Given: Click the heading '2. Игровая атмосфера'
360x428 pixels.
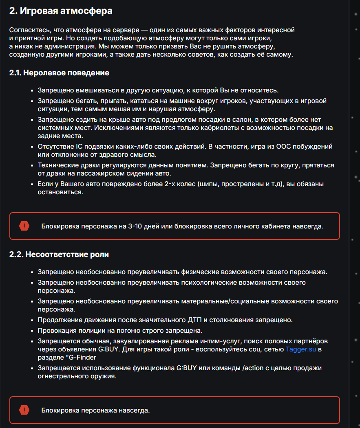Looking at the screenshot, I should click(61, 11).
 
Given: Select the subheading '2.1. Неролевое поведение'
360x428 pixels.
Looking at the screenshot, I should click(59, 73).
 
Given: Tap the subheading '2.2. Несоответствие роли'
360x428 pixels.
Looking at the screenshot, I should click(59, 255).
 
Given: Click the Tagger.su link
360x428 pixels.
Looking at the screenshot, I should click(302, 349).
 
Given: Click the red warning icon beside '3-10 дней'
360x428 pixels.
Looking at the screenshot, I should click(24, 226).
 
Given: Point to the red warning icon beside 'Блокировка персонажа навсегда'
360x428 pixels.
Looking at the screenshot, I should click(24, 410).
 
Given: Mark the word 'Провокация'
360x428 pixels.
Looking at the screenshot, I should click(57, 329).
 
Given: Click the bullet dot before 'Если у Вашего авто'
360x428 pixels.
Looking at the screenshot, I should click(32, 184).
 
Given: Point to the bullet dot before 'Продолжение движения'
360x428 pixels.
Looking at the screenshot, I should click(32, 320).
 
